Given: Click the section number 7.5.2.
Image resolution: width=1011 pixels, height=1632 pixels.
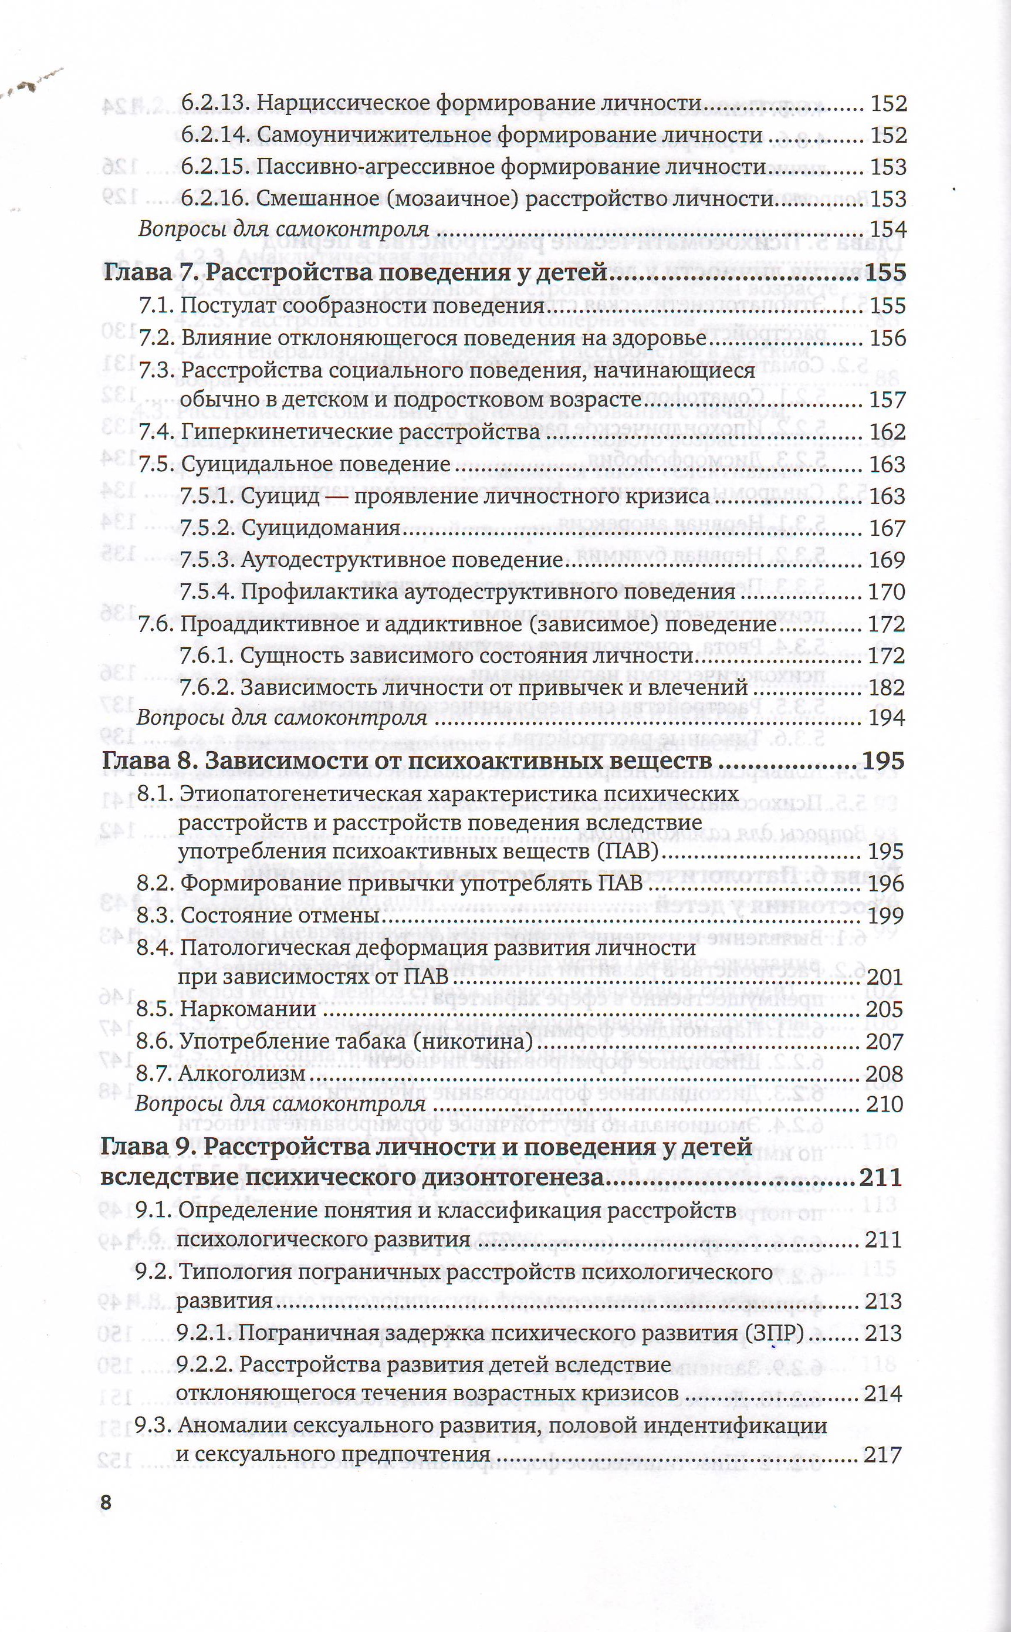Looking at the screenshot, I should pos(207,528).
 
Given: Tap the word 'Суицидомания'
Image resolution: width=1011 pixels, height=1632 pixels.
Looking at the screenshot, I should pos(320,528).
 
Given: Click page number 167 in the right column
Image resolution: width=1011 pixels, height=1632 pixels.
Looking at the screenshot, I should pos(887,528).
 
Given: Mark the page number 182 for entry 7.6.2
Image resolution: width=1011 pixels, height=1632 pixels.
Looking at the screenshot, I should pos(886,687).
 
